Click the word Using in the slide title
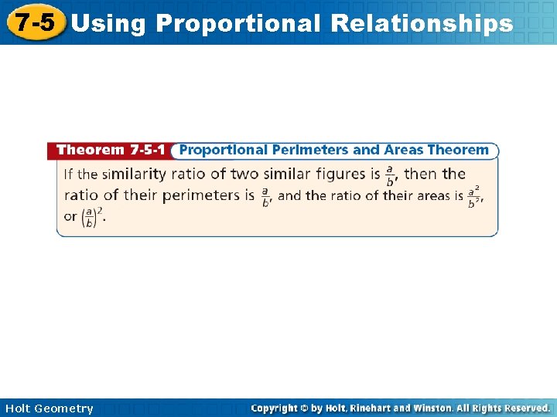point(108,23)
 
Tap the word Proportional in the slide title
point(237,23)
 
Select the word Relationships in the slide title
point(421,23)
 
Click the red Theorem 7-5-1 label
point(112,150)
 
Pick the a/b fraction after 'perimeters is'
point(265,197)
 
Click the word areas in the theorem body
point(436,196)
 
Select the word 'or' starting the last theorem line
point(70,217)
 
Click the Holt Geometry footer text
point(49,409)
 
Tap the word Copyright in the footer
point(278,408)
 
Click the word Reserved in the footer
point(522,408)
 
